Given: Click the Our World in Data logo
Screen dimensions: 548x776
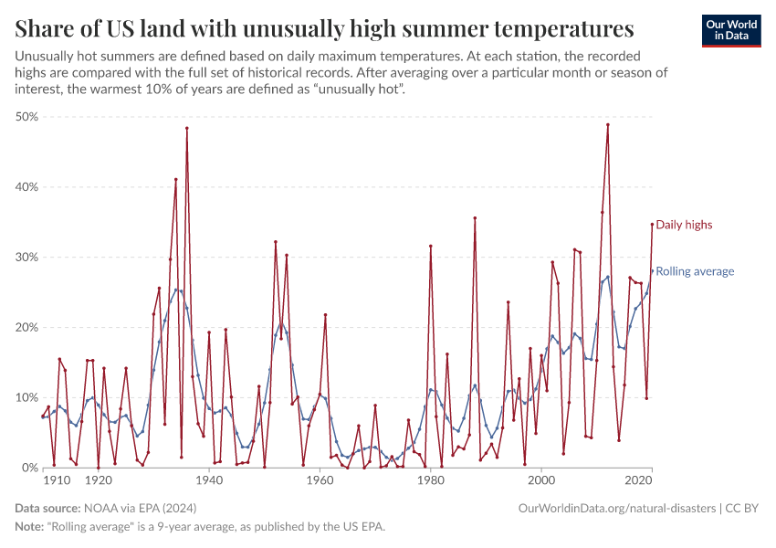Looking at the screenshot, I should coord(730,30).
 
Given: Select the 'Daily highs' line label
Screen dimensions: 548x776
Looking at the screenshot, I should coord(684,225).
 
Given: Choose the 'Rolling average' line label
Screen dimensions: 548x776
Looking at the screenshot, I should coord(695,271).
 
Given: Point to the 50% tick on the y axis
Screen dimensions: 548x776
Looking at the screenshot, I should coord(27,117).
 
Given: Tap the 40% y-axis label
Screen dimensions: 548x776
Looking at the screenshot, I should coord(27,187).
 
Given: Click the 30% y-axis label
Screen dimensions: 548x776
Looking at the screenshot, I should coord(27,258).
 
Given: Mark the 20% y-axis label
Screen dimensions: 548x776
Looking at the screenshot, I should coord(27,328).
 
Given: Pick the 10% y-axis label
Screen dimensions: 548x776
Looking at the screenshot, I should coord(27,398).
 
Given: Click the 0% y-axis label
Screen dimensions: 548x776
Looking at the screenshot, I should coord(31,468).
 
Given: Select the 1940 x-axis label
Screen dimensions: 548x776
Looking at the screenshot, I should coord(209,480).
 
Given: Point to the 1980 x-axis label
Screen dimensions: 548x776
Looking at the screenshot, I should coord(430,480).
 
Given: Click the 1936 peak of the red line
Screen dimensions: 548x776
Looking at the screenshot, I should coord(187,128).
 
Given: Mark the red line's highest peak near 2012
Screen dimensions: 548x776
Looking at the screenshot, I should coord(607,125).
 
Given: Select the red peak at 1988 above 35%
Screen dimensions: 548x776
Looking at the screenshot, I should coord(475,218).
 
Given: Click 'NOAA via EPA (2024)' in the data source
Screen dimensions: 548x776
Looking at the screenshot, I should coord(140,507).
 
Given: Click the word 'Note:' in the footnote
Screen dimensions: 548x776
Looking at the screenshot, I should coord(29,527).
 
